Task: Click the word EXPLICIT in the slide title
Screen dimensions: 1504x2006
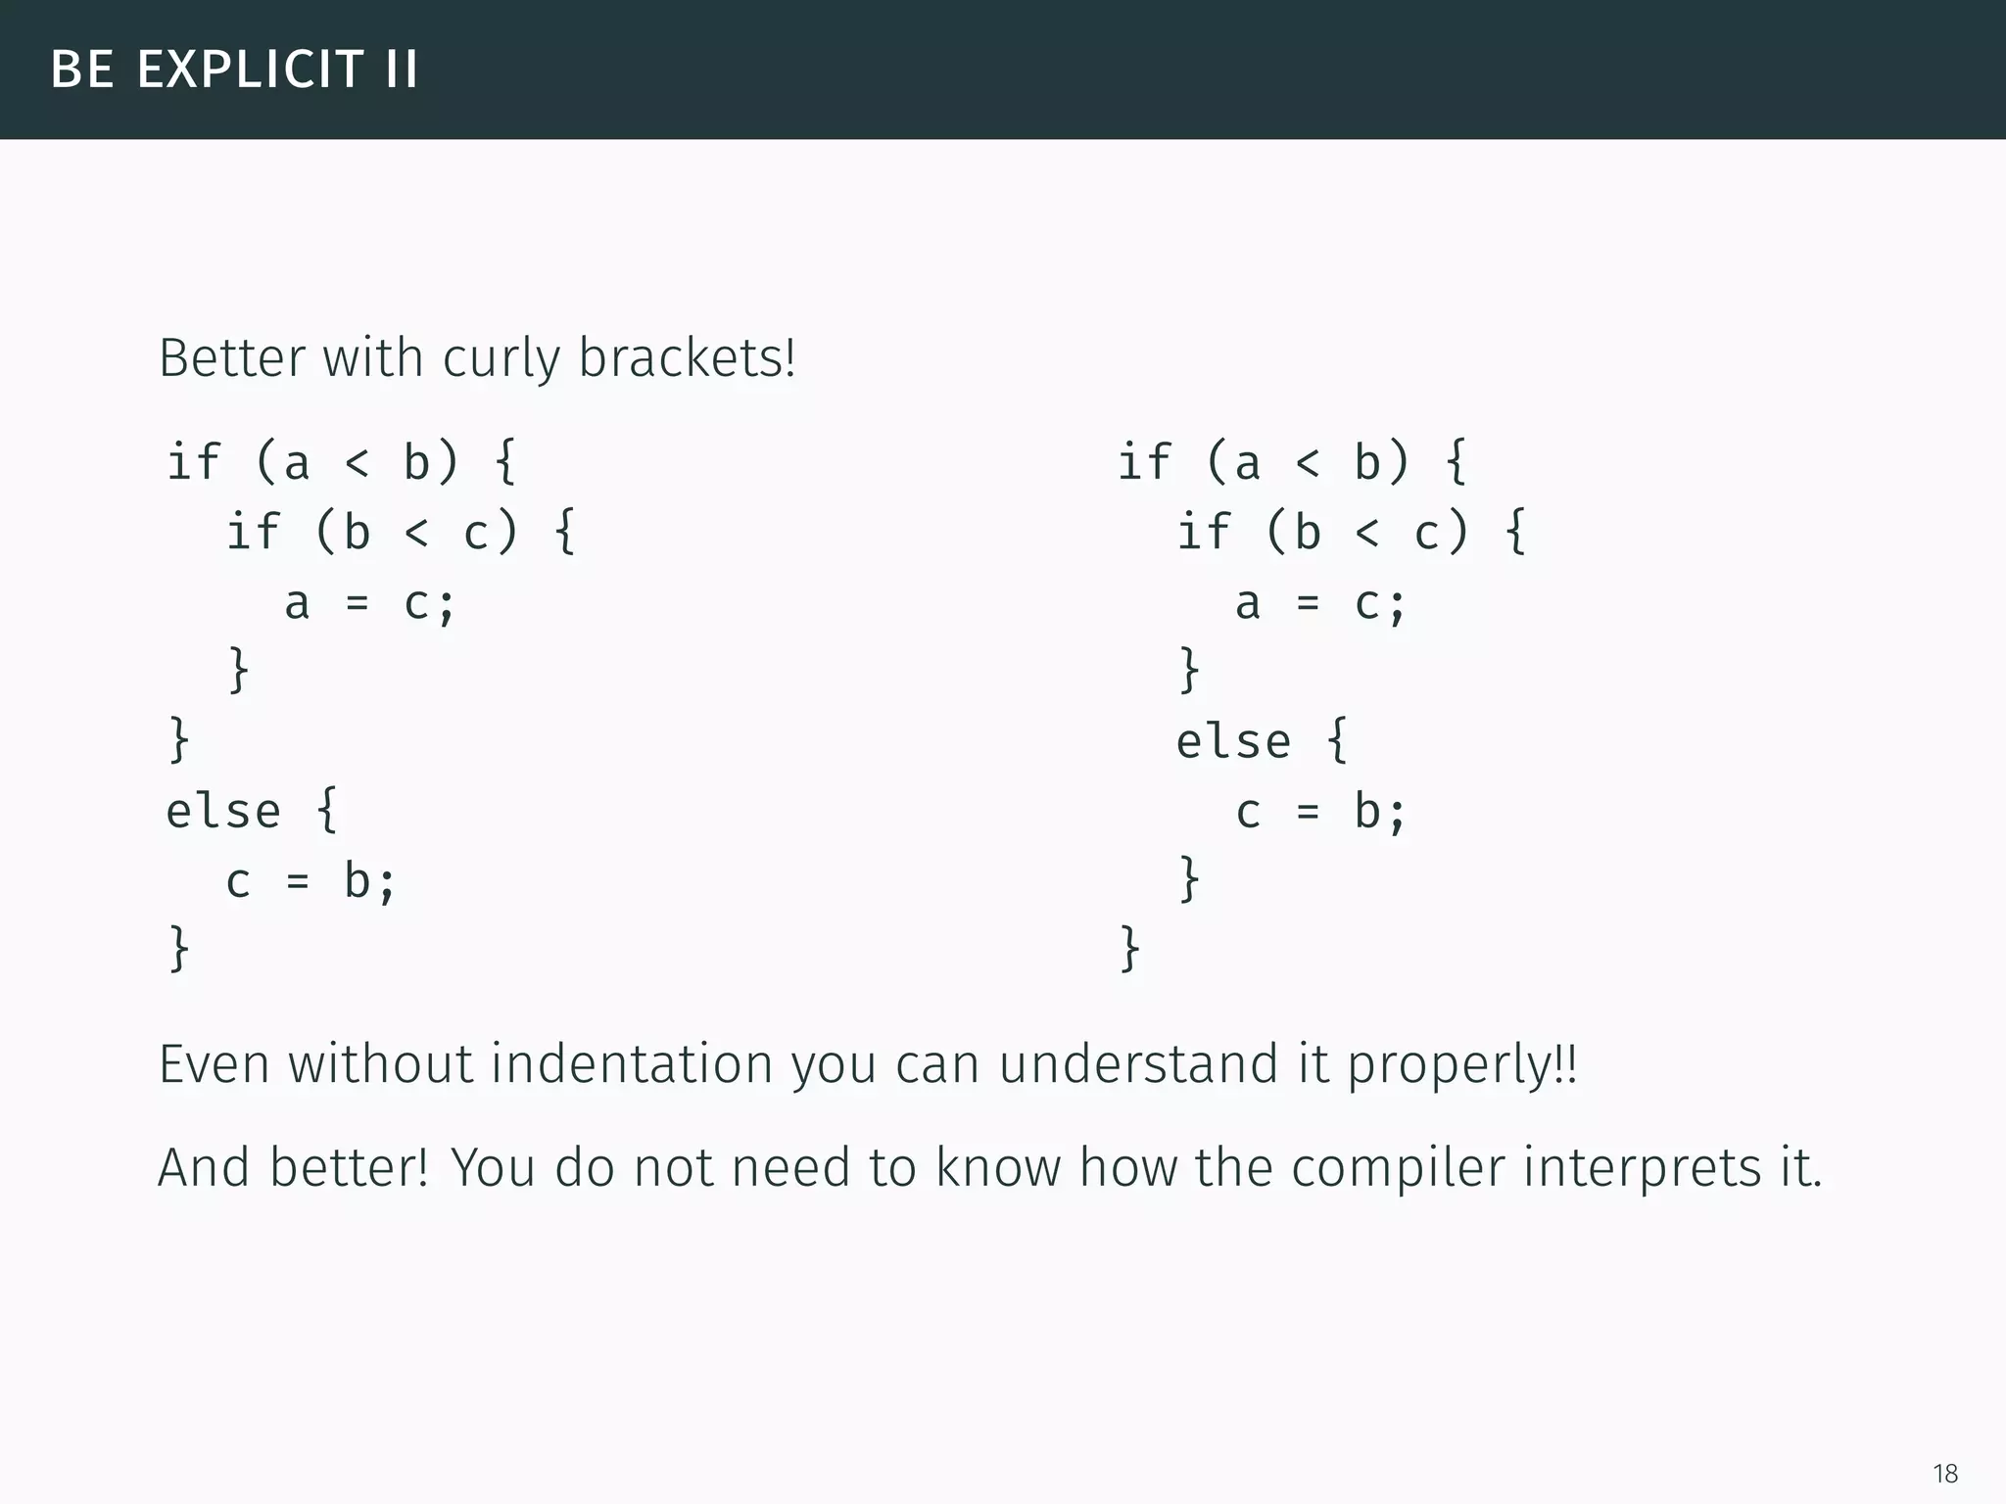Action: pyautogui.click(x=251, y=70)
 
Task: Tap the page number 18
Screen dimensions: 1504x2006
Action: pyautogui.click(x=1945, y=1473)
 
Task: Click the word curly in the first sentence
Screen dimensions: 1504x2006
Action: pyautogui.click(x=501, y=358)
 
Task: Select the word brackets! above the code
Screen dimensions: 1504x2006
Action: pyautogui.click(x=687, y=358)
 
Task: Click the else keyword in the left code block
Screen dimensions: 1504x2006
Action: pyautogui.click(x=223, y=811)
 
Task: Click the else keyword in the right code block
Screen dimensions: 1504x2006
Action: pyautogui.click(x=1233, y=740)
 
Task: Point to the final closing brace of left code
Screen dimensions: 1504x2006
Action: pyautogui.click(x=179, y=948)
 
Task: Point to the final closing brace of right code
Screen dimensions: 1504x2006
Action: pyautogui.click(x=1129, y=948)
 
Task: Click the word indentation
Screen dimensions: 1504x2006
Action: pyautogui.click(x=632, y=1064)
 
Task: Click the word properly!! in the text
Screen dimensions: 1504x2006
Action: pyautogui.click(x=1462, y=1066)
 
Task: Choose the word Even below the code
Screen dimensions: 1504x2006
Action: pyautogui.click(x=215, y=1064)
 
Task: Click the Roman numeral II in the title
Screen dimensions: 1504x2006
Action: pyautogui.click(x=402, y=70)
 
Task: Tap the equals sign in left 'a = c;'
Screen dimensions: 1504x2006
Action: pyautogui.click(x=358, y=603)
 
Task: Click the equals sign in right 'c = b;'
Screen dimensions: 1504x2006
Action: pyautogui.click(x=1308, y=812)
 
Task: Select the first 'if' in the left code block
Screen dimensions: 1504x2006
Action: pyautogui.click(x=194, y=461)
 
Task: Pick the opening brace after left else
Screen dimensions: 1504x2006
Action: pyautogui.click(x=328, y=810)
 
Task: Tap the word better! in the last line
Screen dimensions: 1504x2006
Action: pyautogui.click(x=349, y=1168)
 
